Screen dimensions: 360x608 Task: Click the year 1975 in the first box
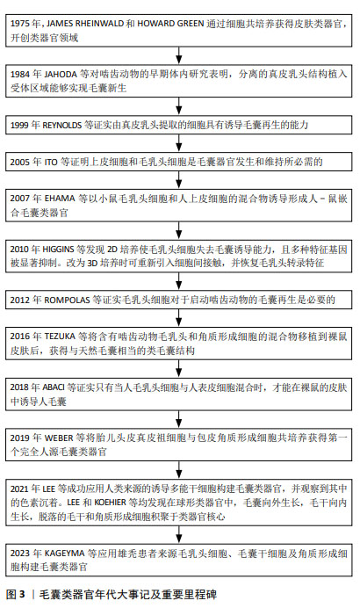pyautogui.click(x=20, y=24)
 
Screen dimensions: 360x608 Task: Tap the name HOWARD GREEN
pyautogui.click(x=170, y=24)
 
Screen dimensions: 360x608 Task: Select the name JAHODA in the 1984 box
pyautogui.click(x=61, y=74)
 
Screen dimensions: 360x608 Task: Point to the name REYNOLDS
pyautogui.click(x=62, y=125)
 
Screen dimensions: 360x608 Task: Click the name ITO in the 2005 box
pyautogui.click(x=51, y=162)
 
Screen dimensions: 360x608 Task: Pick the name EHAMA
pyautogui.click(x=60, y=199)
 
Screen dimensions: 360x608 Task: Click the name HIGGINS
pyautogui.click(x=58, y=250)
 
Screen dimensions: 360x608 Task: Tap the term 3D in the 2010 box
pyautogui.click(x=92, y=264)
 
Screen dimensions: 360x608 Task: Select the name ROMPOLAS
pyautogui.click(x=67, y=300)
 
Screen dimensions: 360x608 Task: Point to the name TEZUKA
pyautogui.click(x=60, y=337)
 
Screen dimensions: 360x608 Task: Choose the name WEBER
pyautogui.click(x=59, y=438)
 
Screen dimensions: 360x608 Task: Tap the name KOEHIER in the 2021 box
pyautogui.click(x=110, y=503)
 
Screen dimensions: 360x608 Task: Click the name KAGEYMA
pyautogui.click(x=65, y=554)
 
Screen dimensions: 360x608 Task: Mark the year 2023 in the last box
pyautogui.click(x=20, y=554)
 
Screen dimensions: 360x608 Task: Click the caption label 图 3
pyautogui.click(x=16, y=594)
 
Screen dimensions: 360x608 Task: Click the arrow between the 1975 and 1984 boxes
pyautogui.click(x=178, y=55)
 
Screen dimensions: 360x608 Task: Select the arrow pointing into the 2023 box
pyautogui.click(x=178, y=534)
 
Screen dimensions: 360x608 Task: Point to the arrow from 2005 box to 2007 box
pyautogui.click(x=178, y=180)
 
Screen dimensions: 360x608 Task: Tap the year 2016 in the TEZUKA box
pyautogui.click(x=20, y=337)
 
